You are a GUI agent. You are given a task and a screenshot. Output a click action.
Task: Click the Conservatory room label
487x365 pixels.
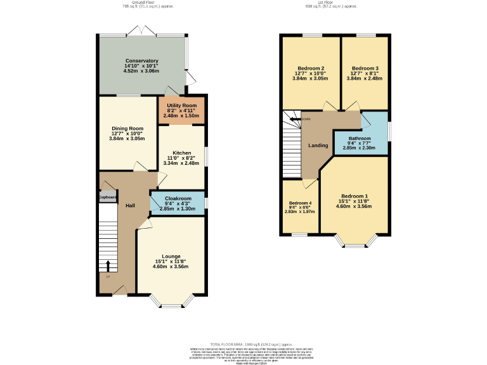[x=141, y=60]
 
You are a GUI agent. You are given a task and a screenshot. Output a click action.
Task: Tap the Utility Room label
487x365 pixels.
[x=181, y=105]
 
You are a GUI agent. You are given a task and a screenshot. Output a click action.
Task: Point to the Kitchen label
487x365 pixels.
[x=182, y=153]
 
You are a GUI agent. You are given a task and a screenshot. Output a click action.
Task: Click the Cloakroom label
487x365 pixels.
[x=178, y=198]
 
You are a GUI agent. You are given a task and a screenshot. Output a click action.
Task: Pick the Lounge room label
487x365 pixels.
[x=170, y=256]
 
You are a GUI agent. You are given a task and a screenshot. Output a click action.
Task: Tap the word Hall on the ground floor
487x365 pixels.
[x=130, y=206]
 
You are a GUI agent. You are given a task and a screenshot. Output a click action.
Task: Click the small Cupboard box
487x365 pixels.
[x=107, y=198]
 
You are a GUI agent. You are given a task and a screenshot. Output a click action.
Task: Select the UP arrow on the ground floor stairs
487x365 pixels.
[x=107, y=265]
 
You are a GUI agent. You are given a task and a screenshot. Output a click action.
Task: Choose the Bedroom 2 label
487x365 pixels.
[x=311, y=68]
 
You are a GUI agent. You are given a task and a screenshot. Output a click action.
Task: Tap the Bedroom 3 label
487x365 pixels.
[x=365, y=68]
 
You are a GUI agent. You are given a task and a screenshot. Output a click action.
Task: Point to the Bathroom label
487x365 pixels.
[x=360, y=138]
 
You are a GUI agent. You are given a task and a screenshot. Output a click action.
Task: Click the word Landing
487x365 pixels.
[x=318, y=146]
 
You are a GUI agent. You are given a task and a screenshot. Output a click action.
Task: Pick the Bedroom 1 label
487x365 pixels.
[x=354, y=196]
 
